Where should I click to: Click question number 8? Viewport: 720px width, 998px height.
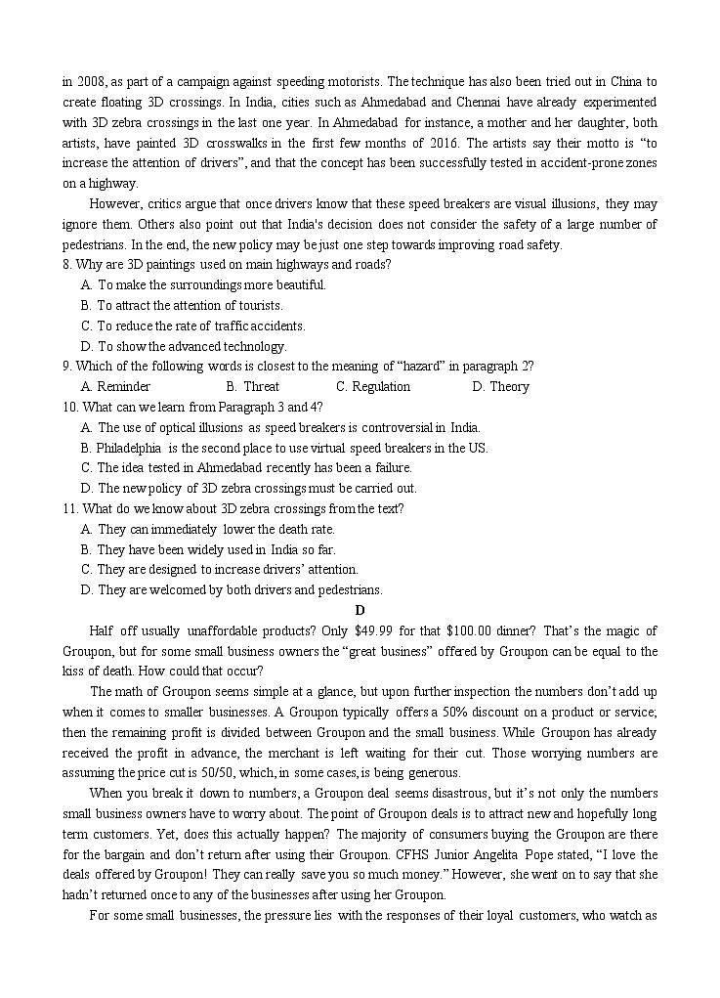coord(66,265)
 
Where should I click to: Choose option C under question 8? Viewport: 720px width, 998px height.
coord(88,325)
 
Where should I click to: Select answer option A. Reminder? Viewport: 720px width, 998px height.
coord(116,387)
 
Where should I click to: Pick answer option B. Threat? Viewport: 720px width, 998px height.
coord(252,387)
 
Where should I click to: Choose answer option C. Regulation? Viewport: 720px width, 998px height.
coord(373,387)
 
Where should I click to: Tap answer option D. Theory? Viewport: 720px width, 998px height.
coord(500,387)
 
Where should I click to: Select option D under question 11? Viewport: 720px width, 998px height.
coord(88,589)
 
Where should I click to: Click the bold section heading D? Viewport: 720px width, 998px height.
coord(360,610)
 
